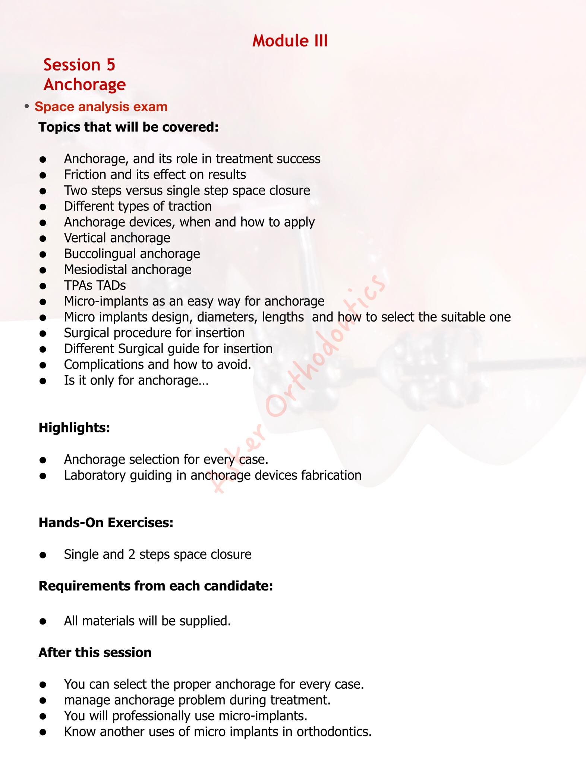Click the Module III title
click(x=290, y=41)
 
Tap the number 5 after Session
click(x=111, y=65)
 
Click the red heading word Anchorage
click(x=85, y=84)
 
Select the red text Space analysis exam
click(x=101, y=107)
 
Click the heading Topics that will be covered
click(x=128, y=127)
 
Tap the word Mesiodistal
click(x=95, y=269)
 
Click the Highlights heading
click(x=74, y=428)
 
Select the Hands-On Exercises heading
click(x=106, y=523)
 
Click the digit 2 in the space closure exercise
click(x=132, y=554)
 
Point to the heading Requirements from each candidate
click(x=155, y=586)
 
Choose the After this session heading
click(x=95, y=652)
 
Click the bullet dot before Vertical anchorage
click(x=43, y=238)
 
